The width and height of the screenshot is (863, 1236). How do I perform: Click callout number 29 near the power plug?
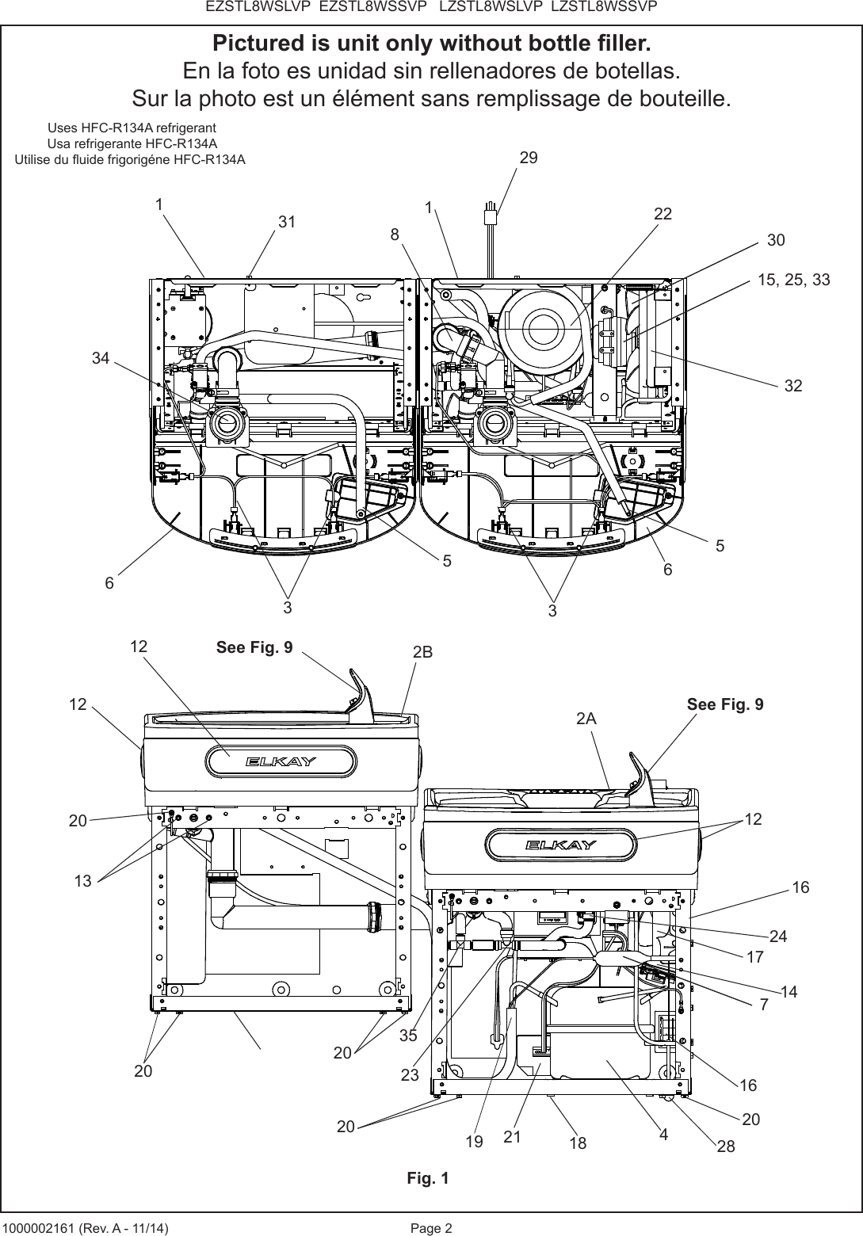[529, 158]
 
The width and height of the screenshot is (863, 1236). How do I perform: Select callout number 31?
[286, 223]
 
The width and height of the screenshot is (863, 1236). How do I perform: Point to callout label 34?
[100, 358]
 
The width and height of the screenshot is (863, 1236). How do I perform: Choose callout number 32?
[793, 386]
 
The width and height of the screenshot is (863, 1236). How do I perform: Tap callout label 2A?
[586, 719]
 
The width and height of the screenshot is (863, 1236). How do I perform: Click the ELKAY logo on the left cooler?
[281, 761]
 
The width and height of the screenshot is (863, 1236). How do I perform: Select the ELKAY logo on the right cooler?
[561, 845]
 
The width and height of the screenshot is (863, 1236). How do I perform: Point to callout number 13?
[82, 880]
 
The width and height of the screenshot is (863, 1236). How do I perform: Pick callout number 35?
[408, 1035]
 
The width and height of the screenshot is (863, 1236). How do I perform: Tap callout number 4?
[663, 1134]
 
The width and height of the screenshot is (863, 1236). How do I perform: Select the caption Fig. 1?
[428, 1178]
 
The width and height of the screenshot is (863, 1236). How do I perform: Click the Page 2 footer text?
[431, 1228]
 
